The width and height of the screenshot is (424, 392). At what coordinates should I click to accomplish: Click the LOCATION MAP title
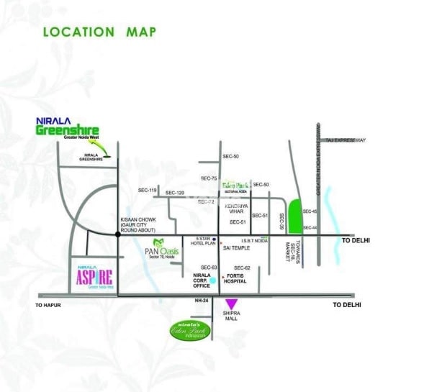tap(99, 32)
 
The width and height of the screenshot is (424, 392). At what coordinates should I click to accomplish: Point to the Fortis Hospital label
tap(235, 278)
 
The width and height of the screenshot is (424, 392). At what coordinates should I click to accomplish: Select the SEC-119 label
tap(148, 190)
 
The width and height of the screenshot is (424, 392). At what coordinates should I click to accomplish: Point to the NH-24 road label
tap(201, 301)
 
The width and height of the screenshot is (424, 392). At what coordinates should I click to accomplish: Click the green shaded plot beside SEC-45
tap(294, 215)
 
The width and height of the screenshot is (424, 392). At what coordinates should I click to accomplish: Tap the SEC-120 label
tap(175, 193)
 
